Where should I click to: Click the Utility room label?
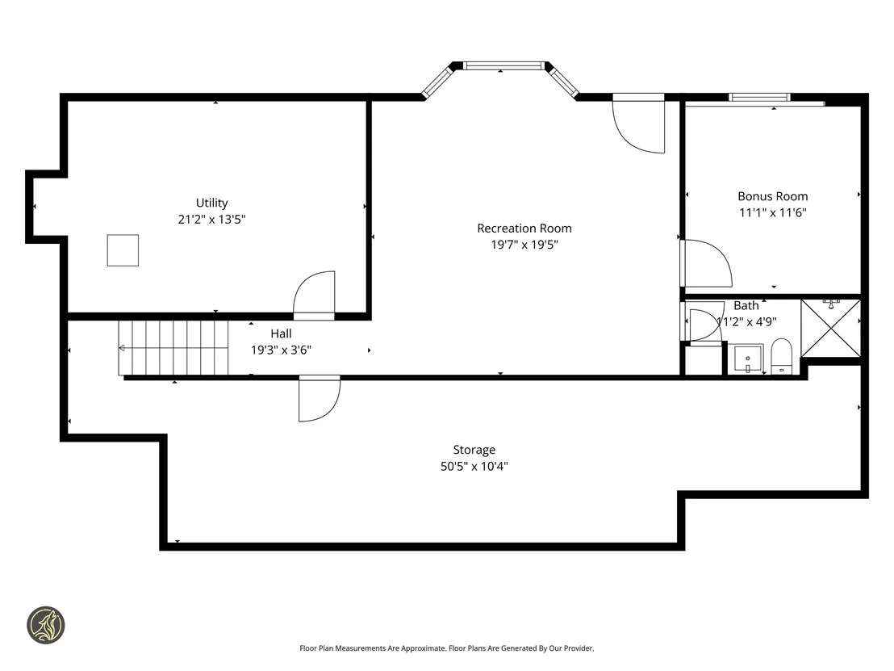click(211, 203)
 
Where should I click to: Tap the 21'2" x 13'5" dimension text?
click(211, 219)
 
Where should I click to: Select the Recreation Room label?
click(524, 229)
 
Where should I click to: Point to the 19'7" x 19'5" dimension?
click(524, 245)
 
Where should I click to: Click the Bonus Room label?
click(772, 196)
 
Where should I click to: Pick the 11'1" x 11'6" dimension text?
click(772, 213)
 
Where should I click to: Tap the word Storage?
click(474, 451)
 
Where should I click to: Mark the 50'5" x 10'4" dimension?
click(474, 466)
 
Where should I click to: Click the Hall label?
click(281, 333)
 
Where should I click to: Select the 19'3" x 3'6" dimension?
click(281, 350)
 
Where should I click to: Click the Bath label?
click(746, 305)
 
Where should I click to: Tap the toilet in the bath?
click(782, 357)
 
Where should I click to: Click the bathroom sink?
click(747, 359)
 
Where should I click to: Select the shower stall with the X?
click(831, 328)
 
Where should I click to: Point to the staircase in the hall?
click(173, 347)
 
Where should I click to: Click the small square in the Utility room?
click(123, 250)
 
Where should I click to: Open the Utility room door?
click(314, 296)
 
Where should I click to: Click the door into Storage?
click(320, 398)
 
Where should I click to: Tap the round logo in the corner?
click(46, 625)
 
